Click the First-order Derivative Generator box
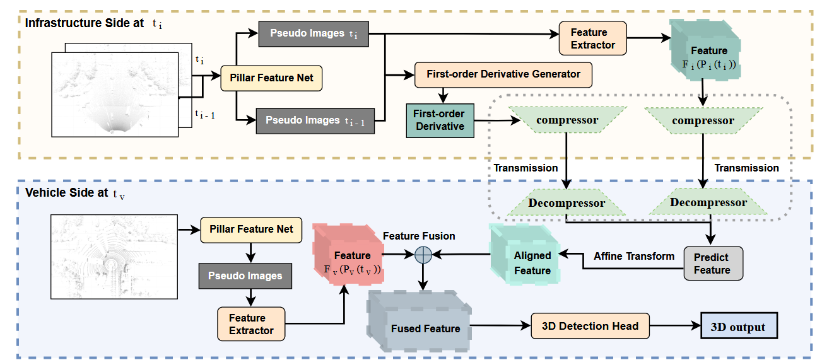coord(503,74)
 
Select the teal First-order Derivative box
coord(439,120)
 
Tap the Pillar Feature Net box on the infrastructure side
coord(272,79)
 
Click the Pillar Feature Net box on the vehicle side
coord(251,229)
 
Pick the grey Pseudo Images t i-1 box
coord(315,120)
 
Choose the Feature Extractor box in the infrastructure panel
coord(593,38)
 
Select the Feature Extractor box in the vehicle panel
coord(251,324)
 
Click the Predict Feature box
coord(712,263)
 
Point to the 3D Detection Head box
coord(590,326)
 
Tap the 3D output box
coord(737,327)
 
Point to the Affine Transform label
coord(634,256)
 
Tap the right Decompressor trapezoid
coord(708,202)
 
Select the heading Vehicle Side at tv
coord(75,194)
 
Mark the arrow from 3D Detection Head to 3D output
coord(674,327)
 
